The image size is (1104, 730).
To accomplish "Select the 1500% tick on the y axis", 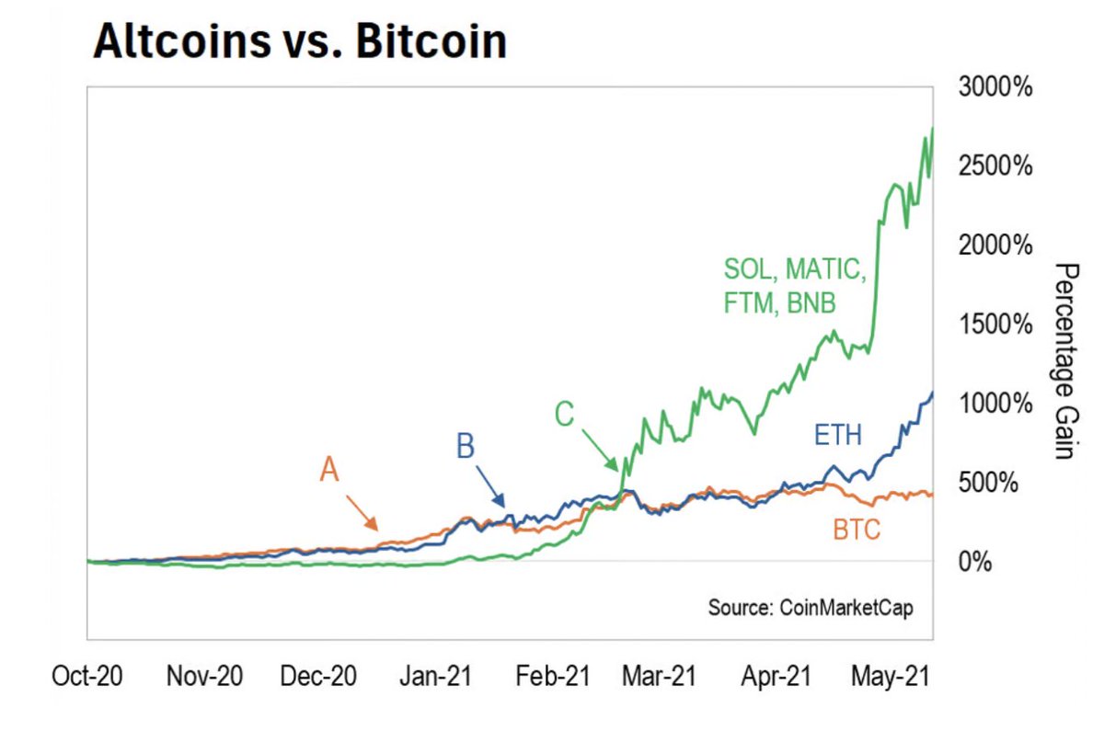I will [x=995, y=325].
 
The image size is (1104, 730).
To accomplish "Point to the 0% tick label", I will [x=975, y=562].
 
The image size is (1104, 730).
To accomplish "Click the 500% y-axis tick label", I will [x=990, y=483].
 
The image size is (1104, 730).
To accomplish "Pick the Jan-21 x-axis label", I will [x=434, y=678].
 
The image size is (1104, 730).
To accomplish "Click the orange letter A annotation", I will [x=329, y=471].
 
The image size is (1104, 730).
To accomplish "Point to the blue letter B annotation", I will [x=466, y=448].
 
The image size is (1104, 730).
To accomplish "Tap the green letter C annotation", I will [x=564, y=416].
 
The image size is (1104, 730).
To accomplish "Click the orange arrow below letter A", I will [x=362, y=513].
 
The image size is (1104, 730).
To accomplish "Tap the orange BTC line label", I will [x=857, y=529].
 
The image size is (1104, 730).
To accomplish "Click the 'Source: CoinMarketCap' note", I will [x=811, y=609].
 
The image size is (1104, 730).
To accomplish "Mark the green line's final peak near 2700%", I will [x=932, y=129].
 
